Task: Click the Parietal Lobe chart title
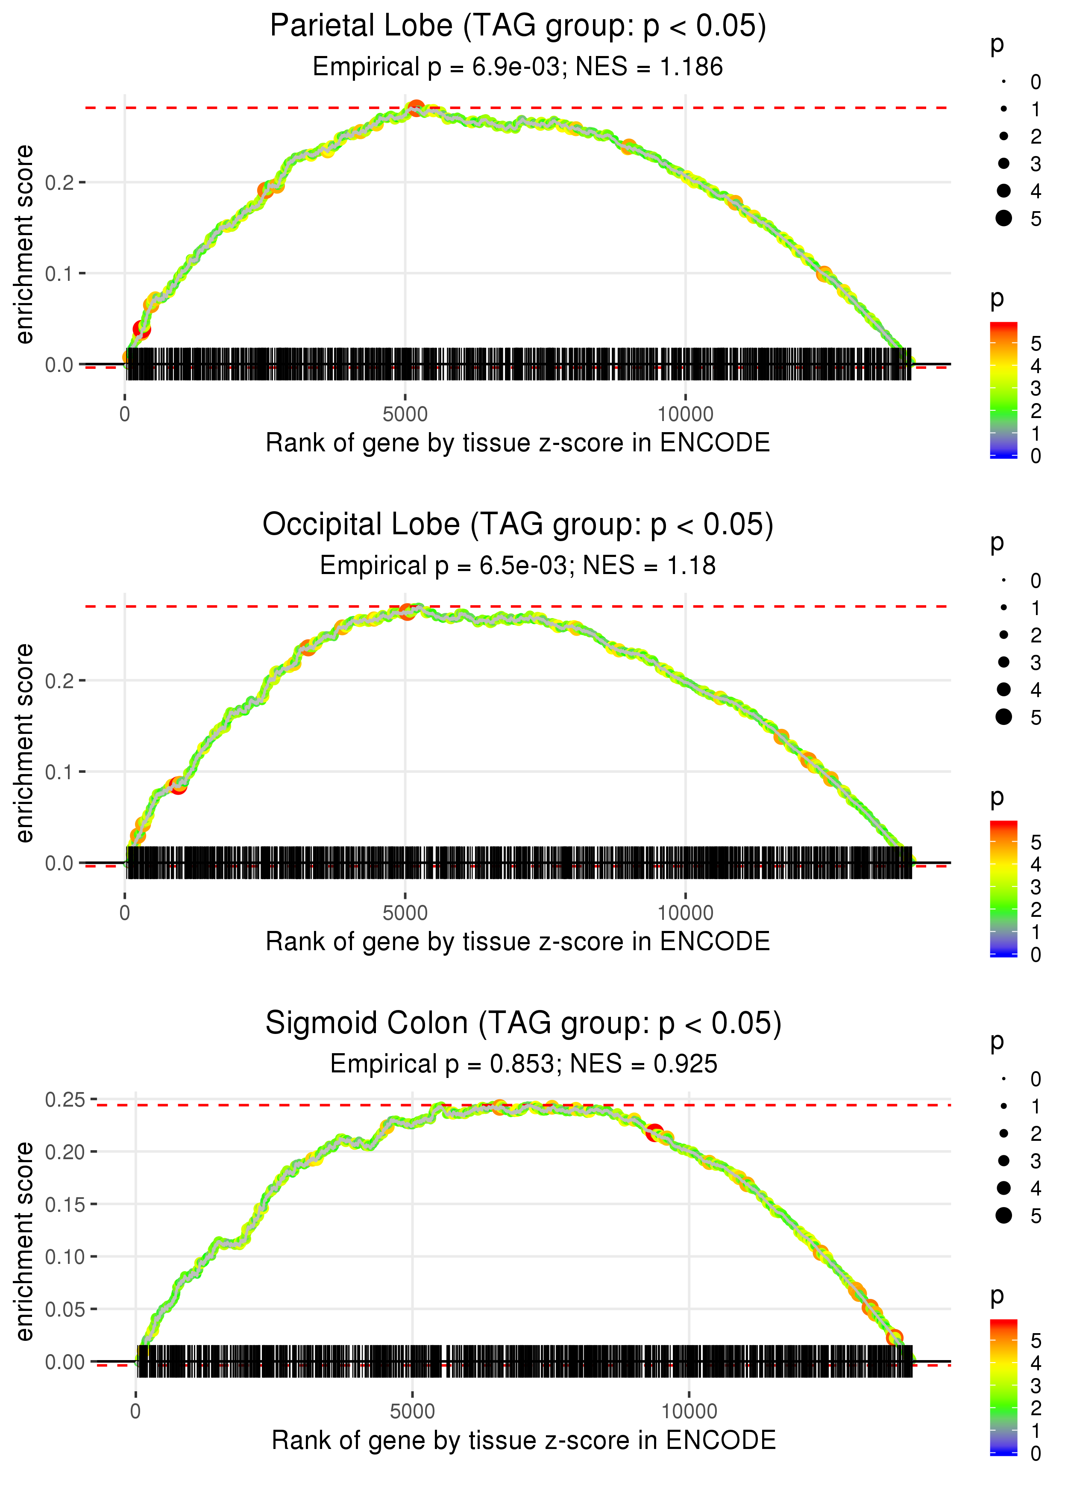pos(518,27)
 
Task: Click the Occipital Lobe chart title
pos(518,525)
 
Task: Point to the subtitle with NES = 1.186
pos(518,67)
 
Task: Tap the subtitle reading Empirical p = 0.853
pos(523,1064)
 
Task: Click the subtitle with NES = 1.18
pos(518,566)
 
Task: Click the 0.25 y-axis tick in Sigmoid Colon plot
pos(65,1099)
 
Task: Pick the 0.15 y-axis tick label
pos(65,1204)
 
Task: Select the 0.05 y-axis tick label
pos(65,1309)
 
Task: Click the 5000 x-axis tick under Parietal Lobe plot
pos(405,415)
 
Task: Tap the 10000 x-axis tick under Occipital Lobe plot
pos(685,913)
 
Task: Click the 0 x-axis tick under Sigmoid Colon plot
pos(135,1412)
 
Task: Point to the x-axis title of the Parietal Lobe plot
pos(518,443)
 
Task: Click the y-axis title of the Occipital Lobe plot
pos(24,743)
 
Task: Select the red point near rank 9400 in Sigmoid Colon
pos(654,1133)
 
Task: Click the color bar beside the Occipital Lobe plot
pos(1003,888)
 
